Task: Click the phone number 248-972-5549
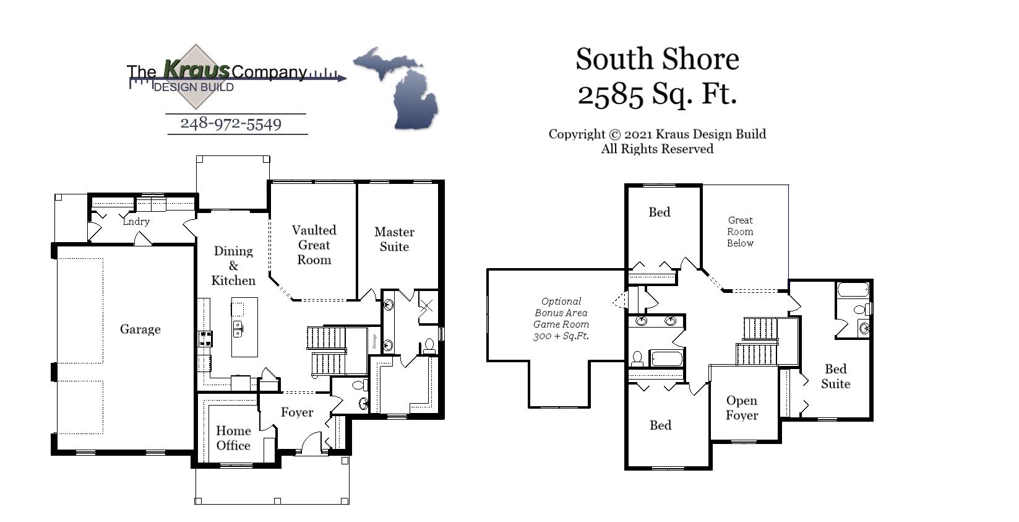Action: pos(231,124)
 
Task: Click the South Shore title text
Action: pos(657,59)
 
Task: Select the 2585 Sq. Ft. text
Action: pos(657,94)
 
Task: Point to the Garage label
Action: pos(140,329)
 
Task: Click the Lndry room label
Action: pos(136,221)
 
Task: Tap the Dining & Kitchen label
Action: pos(233,266)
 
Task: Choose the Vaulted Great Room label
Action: pos(314,245)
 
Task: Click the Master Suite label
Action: pos(394,239)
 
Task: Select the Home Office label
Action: pos(233,438)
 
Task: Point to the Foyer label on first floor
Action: pos(297,412)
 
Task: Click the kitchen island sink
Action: pos(238,328)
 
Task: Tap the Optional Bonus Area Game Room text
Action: pos(561,318)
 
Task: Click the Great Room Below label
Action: pos(740,232)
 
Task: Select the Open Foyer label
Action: pos(742,408)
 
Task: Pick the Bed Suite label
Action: pos(835,376)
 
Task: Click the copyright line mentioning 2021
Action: pos(657,134)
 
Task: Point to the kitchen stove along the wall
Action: pos(205,338)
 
